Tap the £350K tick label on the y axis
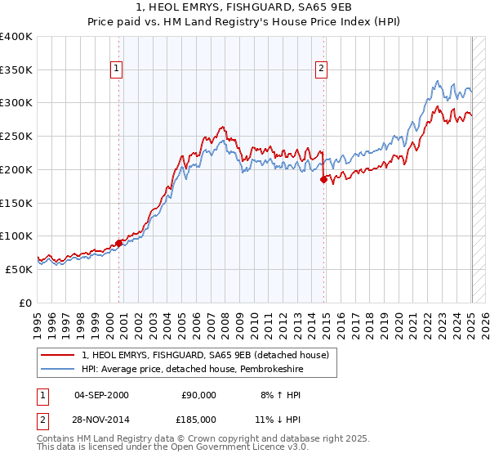[16, 70]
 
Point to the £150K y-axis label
[16, 203]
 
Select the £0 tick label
[25, 303]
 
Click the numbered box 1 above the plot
[118, 70]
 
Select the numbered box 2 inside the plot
[322, 70]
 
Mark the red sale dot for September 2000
[119, 242]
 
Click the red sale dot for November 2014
[324, 179]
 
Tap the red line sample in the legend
[58, 355]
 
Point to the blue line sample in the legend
[58, 369]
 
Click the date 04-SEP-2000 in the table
[101, 395]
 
